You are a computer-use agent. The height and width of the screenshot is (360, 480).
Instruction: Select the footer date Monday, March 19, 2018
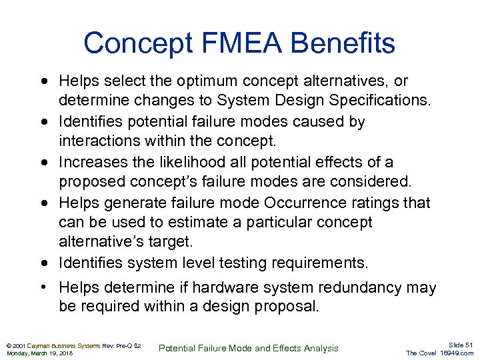[40, 353]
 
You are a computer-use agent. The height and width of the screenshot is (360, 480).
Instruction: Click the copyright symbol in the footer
[8, 345]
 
